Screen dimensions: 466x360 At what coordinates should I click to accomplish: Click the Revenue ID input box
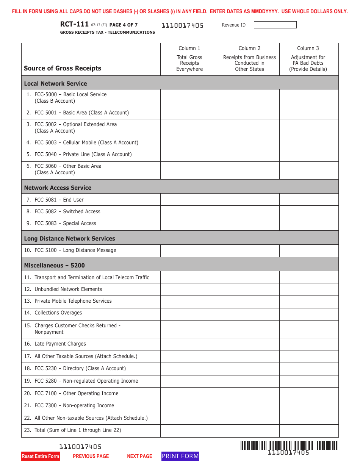[x=275, y=25]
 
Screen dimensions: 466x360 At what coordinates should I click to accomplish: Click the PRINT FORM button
[x=180, y=456]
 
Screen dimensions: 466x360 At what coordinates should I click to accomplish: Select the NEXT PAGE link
[x=139, y=457]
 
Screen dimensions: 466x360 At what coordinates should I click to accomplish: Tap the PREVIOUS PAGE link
[x=91, y=457]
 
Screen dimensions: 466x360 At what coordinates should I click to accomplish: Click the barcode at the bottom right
[x=288, y=446]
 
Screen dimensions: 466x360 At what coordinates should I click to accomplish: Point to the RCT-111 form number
[x=74, y=25]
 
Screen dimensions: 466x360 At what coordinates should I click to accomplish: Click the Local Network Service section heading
[x=56, y=83]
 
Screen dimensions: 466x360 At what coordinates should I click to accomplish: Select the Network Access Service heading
[x=58, y=188]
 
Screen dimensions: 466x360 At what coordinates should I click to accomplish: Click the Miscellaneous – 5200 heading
[x=55, y=265]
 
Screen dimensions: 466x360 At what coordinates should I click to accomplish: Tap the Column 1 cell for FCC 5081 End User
[x=190, y=200]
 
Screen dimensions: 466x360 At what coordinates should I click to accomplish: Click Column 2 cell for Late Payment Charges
[x=249, y=344]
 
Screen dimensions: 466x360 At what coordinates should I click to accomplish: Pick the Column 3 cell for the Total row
[x=308, y=430]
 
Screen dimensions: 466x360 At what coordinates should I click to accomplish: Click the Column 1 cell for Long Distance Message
[x=190, y=250]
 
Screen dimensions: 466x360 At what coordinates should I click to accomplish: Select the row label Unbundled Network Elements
[x=68, y=289]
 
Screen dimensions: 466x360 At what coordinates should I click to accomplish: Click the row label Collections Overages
[x=58, y=313]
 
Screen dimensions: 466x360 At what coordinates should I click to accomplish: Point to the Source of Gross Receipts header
[x=63, y=68]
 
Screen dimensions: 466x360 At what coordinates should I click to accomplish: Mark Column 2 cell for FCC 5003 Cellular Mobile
[x=249, y=143]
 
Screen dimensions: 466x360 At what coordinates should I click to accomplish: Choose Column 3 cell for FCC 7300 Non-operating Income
[x=308, y=406]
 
